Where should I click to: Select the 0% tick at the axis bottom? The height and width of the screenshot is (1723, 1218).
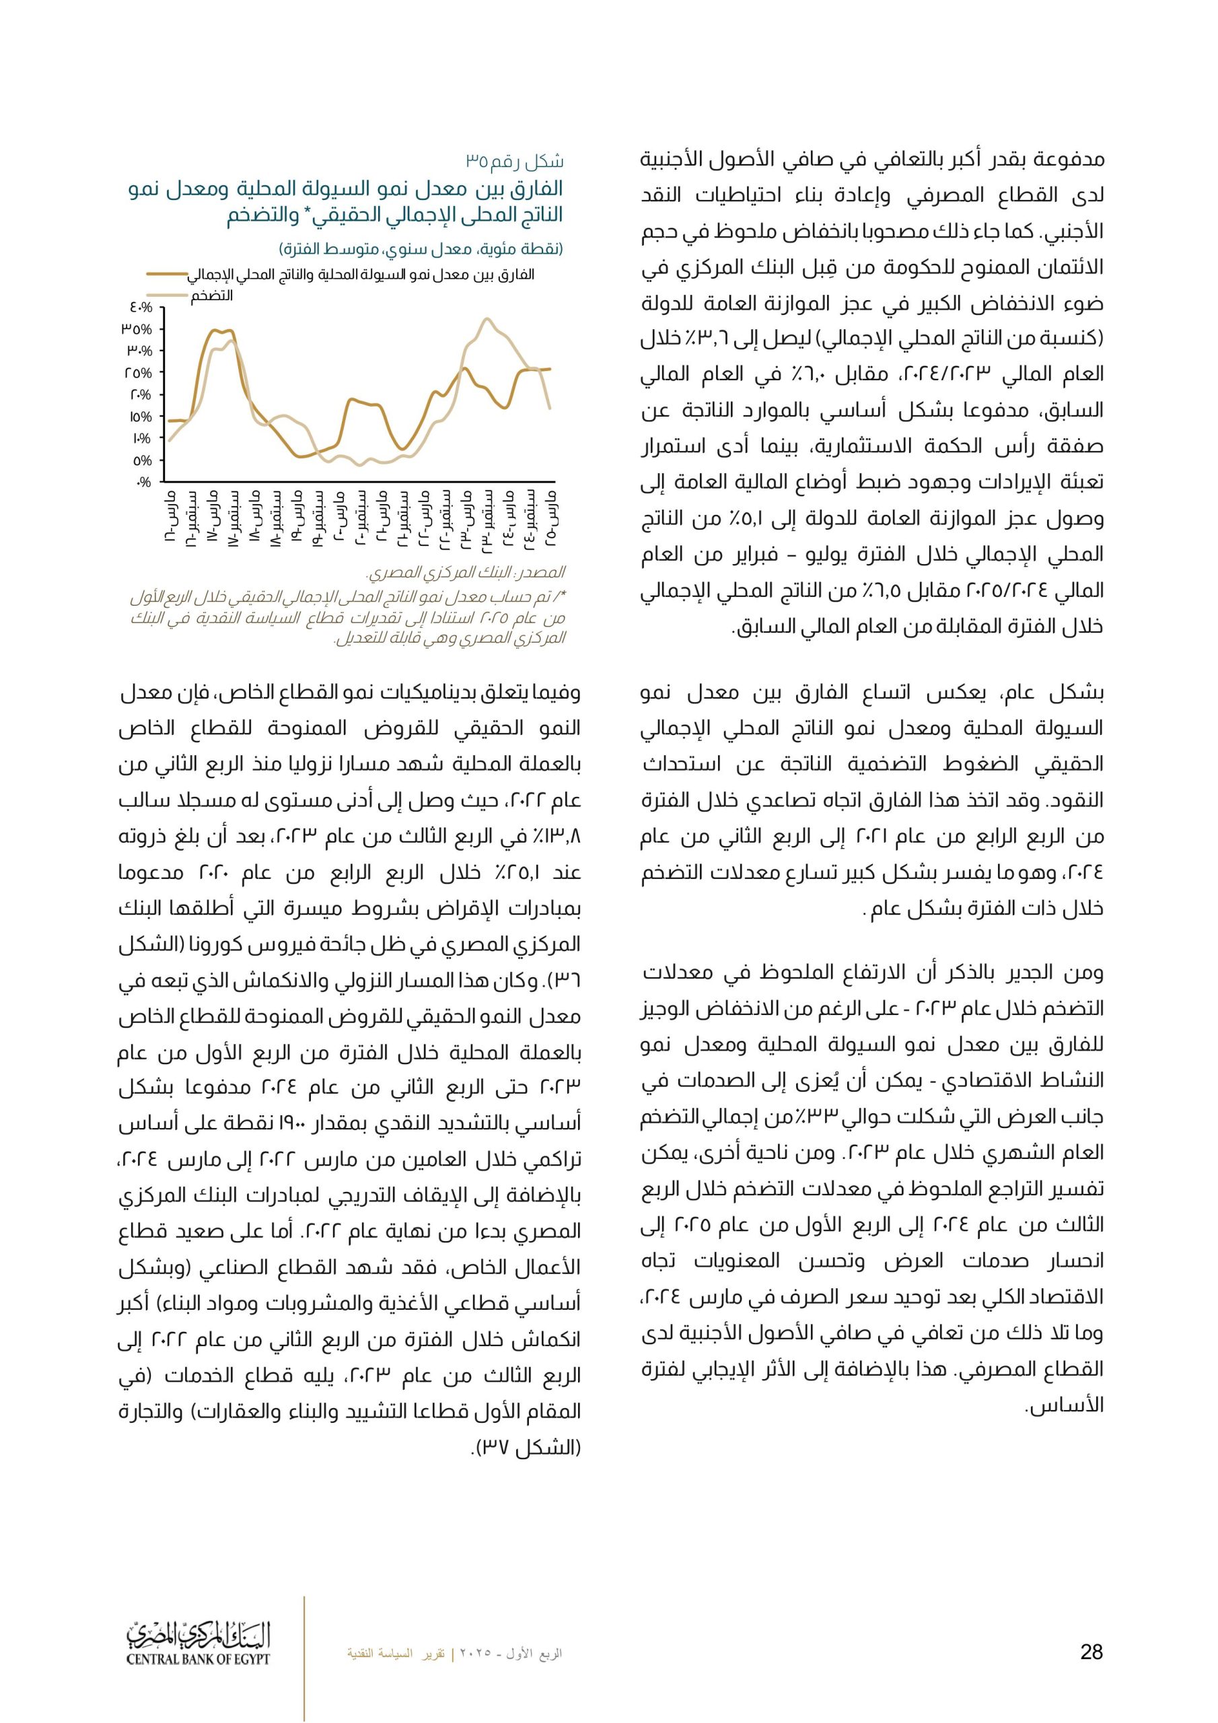click(x=143, y=483)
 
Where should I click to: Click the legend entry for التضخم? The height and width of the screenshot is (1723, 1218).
click(x=211, y=295)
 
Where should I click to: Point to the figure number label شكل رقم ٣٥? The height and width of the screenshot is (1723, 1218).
click(x=514, y=162)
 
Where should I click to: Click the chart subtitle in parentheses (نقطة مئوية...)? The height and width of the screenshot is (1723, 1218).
click(x=421, y=248)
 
